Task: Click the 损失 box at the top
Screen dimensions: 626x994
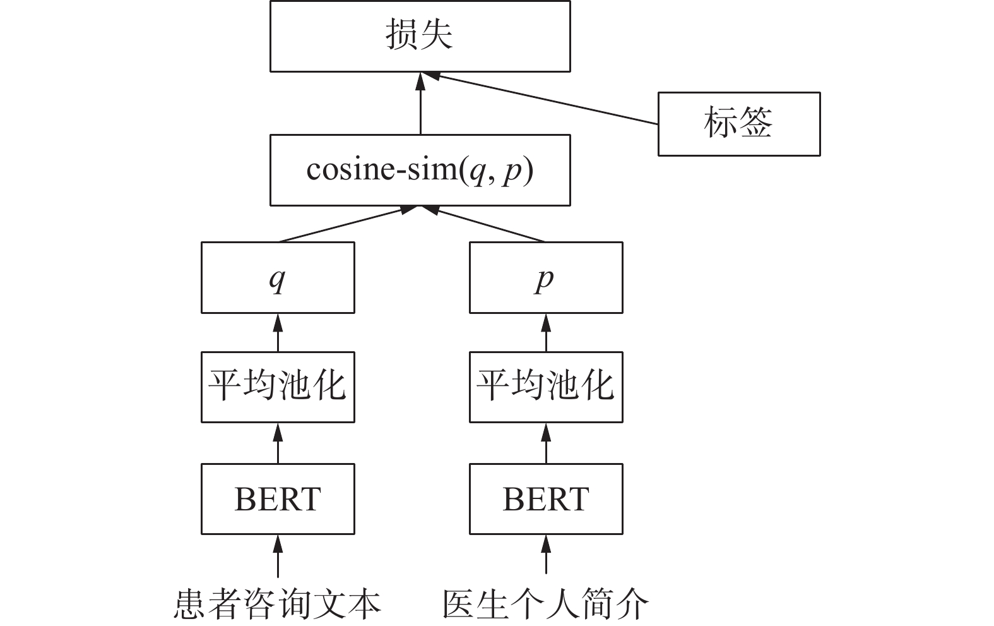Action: point(420,36)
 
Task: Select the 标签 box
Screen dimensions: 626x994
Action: point(738,124)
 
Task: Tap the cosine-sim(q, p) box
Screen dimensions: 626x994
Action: point(420,170)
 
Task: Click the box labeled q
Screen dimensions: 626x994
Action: point(278,277)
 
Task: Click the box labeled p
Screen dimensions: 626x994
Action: point(546,277)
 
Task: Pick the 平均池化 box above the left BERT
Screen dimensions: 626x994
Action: point(278,387)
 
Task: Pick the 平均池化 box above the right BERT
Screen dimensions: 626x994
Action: point(546,387)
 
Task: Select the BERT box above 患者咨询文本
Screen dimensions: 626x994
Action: point(278,498)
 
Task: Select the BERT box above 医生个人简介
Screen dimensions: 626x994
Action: point(546,498)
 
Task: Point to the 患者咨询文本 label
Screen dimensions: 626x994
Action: point(278,604)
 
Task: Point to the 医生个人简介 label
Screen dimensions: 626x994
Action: point(546,604)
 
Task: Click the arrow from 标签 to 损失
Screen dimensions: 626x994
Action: point(543,99)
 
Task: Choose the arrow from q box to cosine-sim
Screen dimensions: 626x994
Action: point(344,224)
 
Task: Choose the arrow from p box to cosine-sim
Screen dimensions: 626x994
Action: point(486,224)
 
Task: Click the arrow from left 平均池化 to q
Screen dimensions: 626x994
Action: point(278,332)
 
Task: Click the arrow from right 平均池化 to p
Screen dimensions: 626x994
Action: point(546,332)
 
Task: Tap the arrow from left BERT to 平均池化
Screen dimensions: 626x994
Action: point(278,443)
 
